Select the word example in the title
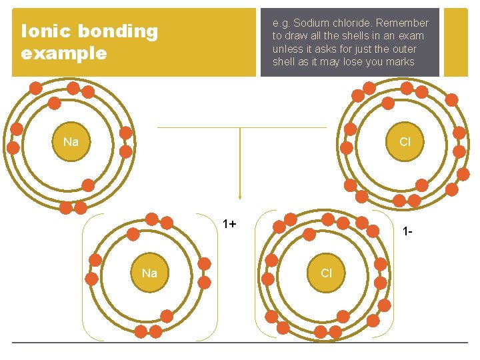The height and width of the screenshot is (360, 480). pos(64,53)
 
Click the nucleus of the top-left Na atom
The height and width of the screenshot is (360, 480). pos(71,142)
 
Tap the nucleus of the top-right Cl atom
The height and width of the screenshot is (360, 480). pos(405,142)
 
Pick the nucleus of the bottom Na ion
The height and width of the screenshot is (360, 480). pos(149,273)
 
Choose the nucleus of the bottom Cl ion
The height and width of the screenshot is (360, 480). pos(326,273)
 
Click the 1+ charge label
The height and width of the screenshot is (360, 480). pos(229,224)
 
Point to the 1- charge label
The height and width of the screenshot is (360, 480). pos(407,231)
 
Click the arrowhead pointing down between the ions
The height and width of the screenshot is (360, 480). pos(240,197)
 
